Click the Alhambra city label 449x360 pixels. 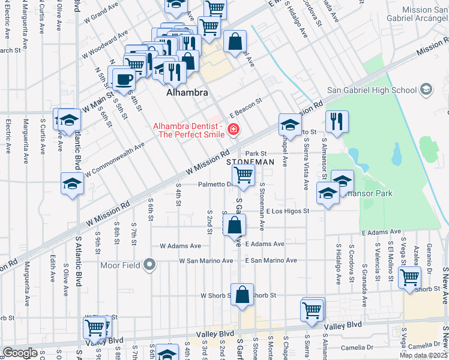(187, 94)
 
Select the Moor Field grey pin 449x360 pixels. (151, 265)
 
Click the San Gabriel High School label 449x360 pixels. (372, 91)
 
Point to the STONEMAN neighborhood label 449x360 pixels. (250, 163)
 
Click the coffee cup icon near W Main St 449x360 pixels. (124, 79)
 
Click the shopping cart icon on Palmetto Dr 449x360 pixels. (243, 175)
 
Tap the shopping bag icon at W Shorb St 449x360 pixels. (242, 295)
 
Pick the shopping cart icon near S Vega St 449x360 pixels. (409, 278)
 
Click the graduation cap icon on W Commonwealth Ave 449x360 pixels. (72, 183)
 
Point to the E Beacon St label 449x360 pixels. (247, 107)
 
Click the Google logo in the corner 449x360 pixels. (20, 353)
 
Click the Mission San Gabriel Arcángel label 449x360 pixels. (417, 14)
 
